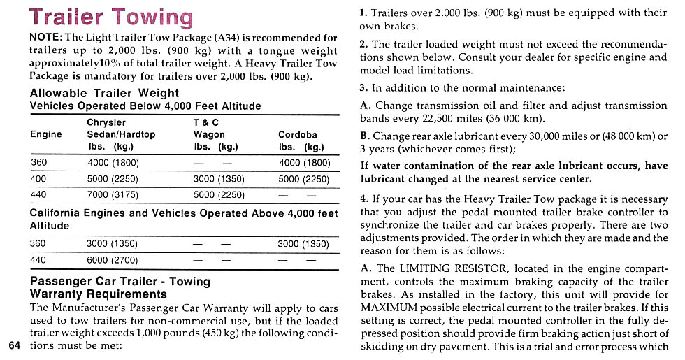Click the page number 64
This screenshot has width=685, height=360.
pos(15,345)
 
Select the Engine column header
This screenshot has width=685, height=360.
pos(45,134)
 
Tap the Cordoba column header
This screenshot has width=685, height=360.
pos(297,134)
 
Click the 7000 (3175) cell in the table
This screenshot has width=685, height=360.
pos(113,194)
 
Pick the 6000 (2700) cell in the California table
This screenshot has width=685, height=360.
pos(112,260)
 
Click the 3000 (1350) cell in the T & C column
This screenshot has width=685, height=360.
pos(219,179)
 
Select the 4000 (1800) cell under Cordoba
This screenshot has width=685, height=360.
pos(303,164)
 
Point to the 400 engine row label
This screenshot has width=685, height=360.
pos(38,179)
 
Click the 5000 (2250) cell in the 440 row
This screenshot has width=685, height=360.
pos(219,194)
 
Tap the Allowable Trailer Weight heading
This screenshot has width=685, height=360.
pos(104,93)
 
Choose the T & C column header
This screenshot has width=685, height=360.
pos(207,122)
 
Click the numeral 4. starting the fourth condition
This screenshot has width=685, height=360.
pos(364,199)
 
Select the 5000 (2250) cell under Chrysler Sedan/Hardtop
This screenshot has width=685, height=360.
pos(113,179)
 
